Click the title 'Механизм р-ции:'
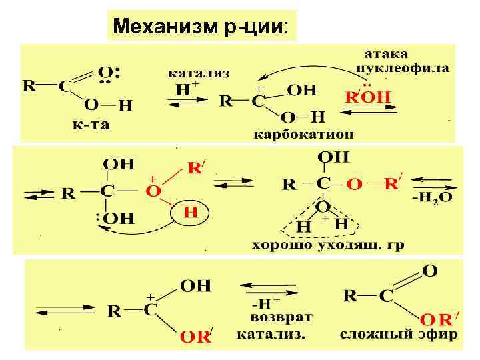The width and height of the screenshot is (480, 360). (x=201, y=27)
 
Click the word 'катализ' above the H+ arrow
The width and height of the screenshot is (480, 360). (x=198, y=72)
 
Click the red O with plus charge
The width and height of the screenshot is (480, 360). (x=153, y=191)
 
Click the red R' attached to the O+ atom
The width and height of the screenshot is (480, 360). (x=195, y=167)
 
